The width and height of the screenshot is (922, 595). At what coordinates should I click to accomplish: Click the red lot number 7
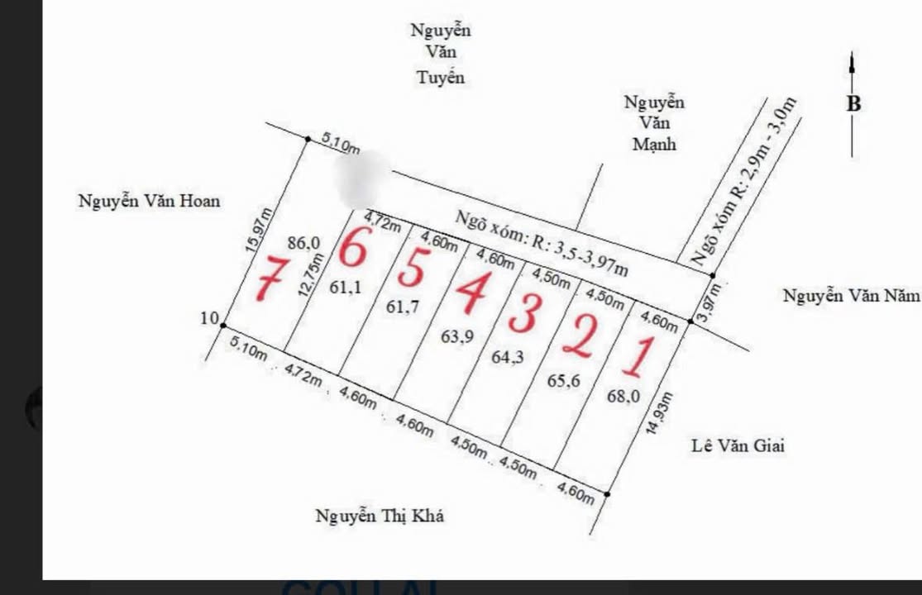270,279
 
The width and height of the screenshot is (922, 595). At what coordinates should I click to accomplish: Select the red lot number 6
351,248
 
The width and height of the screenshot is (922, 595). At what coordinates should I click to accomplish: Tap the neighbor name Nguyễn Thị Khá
380,516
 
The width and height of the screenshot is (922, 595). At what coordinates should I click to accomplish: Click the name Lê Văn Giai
738,446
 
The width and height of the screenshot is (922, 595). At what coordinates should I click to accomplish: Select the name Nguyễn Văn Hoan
149,201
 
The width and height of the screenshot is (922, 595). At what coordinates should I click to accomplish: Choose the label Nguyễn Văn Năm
851,296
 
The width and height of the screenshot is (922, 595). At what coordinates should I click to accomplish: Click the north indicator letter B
853,104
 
